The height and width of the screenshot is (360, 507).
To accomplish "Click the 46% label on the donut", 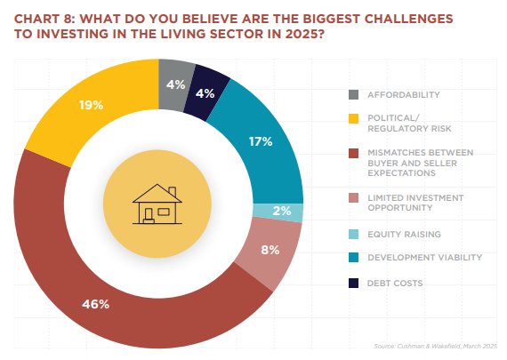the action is coord(95,304).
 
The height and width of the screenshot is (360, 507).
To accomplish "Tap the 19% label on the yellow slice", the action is coord(91,105).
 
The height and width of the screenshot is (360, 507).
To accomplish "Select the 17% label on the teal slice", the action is coord(261,141).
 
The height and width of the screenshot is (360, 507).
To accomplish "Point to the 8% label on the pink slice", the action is coord(270,250).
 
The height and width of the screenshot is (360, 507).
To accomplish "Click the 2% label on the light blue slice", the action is coord(282,211).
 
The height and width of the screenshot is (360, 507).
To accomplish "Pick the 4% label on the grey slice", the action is coord(175,84).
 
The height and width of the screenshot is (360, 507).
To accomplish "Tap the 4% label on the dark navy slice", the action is coord(205,93).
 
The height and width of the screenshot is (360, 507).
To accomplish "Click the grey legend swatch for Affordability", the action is coord(353,95).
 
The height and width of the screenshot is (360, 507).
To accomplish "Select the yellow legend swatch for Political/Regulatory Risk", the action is coord(353,118).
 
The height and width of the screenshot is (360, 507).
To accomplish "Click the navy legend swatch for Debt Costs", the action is coord(353,283).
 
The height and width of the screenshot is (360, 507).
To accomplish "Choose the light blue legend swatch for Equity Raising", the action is coord(353,235).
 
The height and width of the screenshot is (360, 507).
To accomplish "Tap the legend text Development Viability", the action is coord(424,258).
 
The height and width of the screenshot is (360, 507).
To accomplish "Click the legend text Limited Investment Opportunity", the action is coord(415,203).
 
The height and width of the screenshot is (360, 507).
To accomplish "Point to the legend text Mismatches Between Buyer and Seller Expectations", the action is coord(421,163).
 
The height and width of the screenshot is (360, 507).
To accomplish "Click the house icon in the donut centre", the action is coord(157,204).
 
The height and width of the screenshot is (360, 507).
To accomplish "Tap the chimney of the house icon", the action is coord(173,191).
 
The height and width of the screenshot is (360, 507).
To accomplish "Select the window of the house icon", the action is coord(164,212).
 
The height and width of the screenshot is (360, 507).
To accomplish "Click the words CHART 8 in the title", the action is coord(44,19).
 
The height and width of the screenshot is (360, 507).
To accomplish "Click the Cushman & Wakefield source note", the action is coord(435,346).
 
